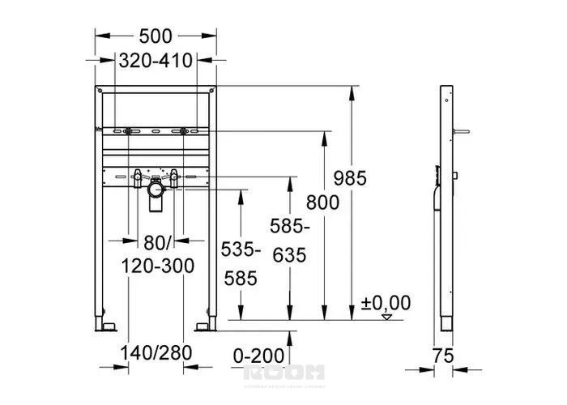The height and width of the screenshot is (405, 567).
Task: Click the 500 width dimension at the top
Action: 156,36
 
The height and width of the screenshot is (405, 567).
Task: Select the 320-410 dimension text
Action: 156,61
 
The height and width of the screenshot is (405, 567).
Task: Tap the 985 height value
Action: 349,178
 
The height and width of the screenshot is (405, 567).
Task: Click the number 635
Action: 289,255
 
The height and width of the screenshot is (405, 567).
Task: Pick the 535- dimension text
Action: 241,250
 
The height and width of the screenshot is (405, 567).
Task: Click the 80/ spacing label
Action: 156,241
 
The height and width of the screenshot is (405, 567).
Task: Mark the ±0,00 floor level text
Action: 386,303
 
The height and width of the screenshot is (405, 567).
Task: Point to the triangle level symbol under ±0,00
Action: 387,317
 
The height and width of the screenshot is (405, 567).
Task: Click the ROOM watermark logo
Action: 283,372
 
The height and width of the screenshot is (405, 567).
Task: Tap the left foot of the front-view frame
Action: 105,325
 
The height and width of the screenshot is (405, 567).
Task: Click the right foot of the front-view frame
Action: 207,325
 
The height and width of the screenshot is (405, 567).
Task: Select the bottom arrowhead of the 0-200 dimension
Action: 290,334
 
